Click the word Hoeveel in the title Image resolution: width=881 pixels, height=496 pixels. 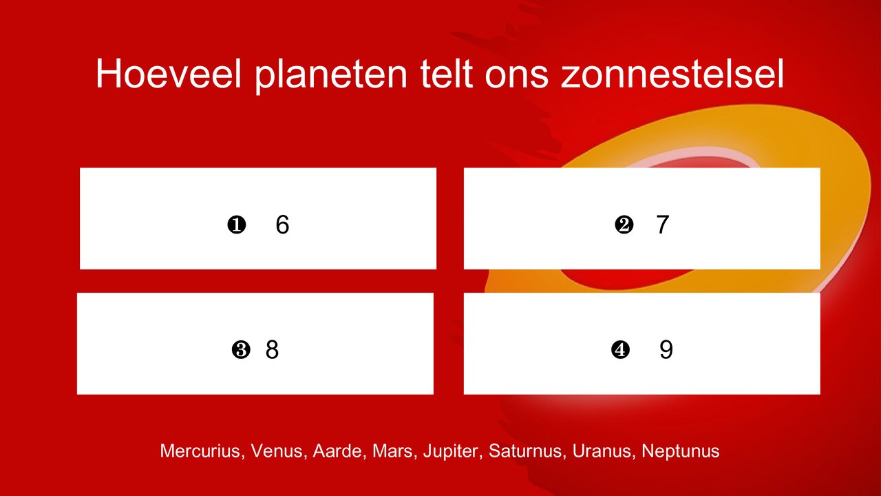[168, 74]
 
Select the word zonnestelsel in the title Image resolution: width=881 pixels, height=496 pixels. [672, 74]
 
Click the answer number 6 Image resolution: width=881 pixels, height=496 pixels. [282, 225]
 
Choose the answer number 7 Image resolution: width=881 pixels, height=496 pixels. [662, 225]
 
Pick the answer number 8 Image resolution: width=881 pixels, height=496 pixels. [272, 350]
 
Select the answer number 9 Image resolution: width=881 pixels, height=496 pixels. [666, 350]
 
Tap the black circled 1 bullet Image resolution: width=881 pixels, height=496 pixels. [236, 225]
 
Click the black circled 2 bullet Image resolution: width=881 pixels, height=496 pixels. [624, 225]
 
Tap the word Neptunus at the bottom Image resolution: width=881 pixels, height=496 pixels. [680, 452]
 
